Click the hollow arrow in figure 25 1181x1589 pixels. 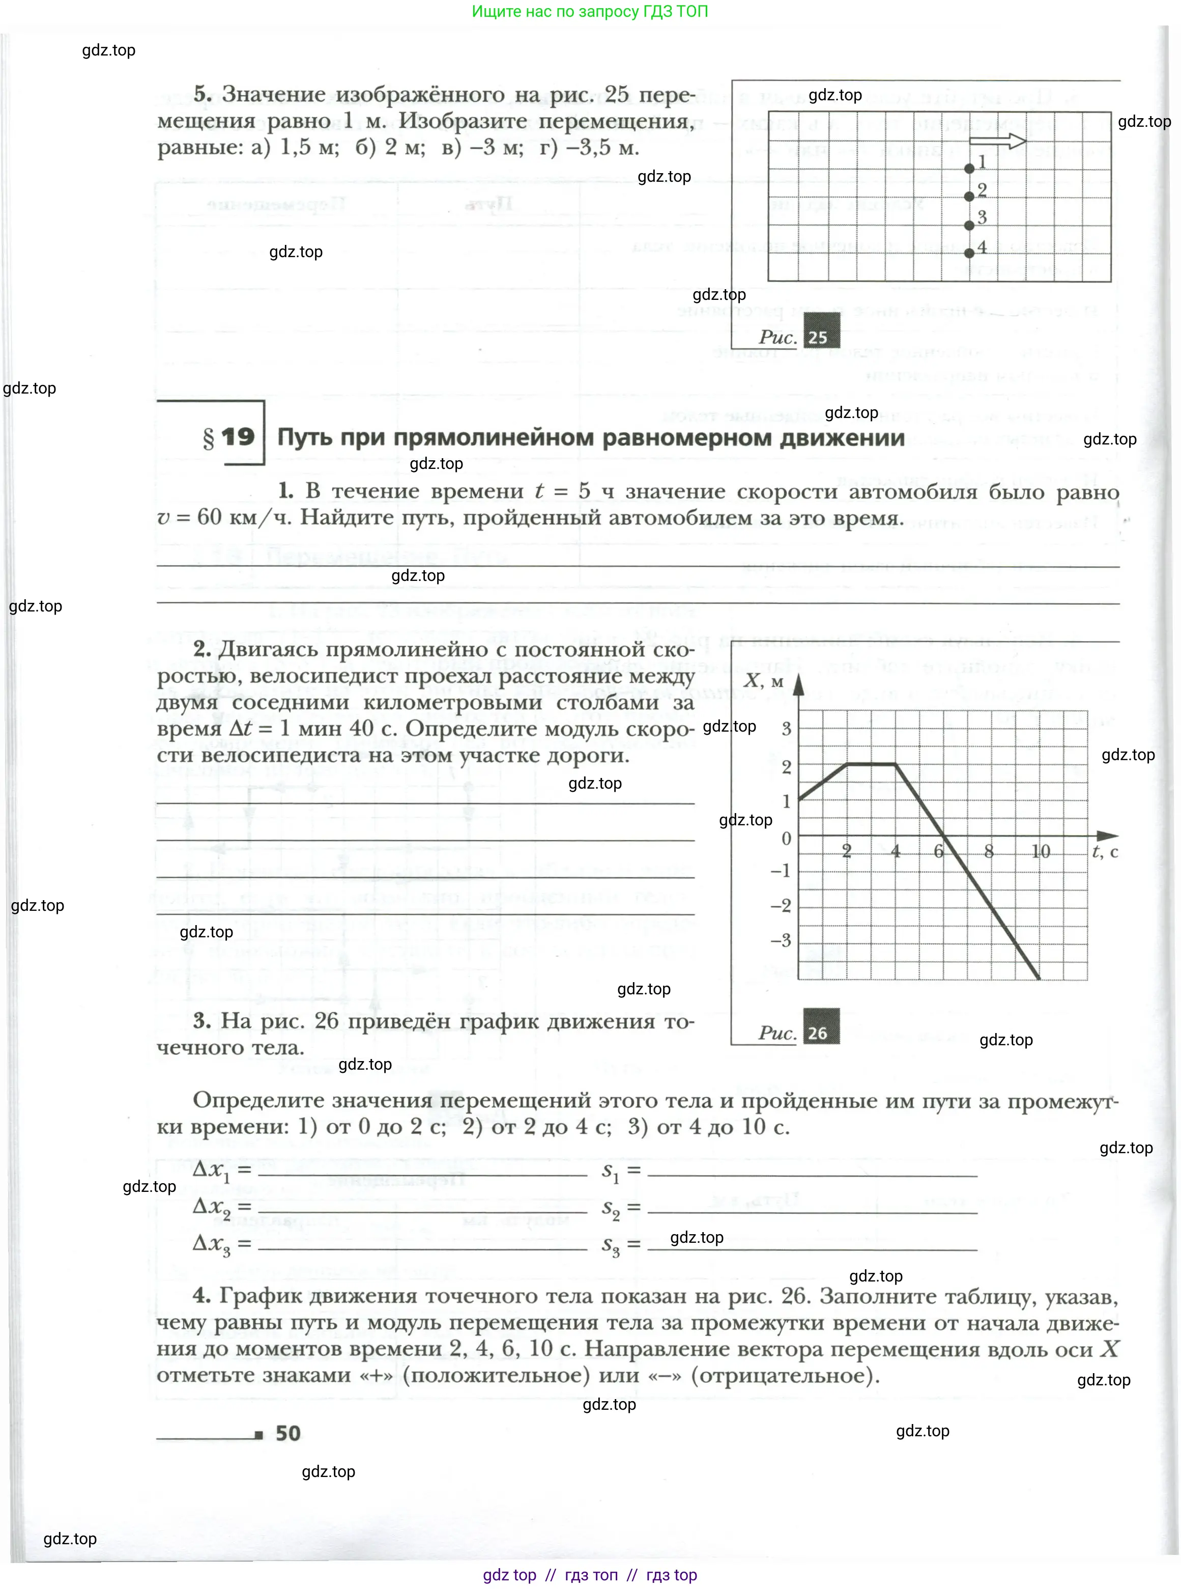click(x=997, y=141)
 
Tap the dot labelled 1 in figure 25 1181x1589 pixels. click(x=969, y=169)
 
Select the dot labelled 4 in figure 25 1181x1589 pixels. click(x=969, y=253)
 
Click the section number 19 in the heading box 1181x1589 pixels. click(x=237, y=437)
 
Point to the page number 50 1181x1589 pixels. click(x=288, y=1433)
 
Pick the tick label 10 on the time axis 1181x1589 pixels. click(x=1040, y=851)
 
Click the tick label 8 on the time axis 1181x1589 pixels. click(x=989, y=851)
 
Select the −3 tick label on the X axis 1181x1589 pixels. click(x=782, y=940)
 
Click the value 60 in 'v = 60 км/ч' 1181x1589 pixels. click(x=209, y=517)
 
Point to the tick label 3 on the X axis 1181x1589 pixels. click(x=786, y=729)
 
